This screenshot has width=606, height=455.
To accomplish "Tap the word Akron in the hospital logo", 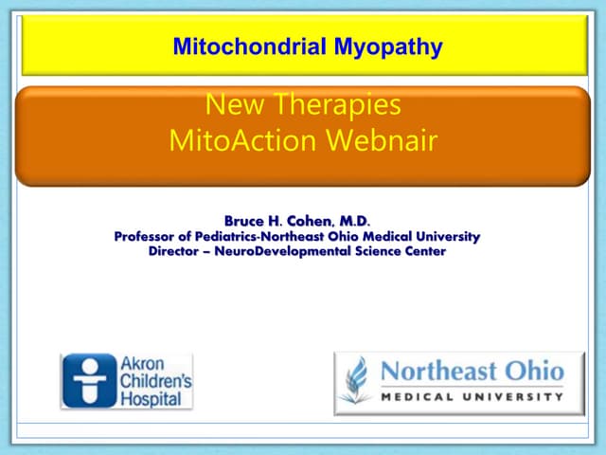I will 141,364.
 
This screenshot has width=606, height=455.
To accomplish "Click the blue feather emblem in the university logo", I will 357,381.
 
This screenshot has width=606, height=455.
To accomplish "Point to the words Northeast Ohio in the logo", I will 471,371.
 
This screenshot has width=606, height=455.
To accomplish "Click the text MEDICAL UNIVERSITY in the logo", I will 471,396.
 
